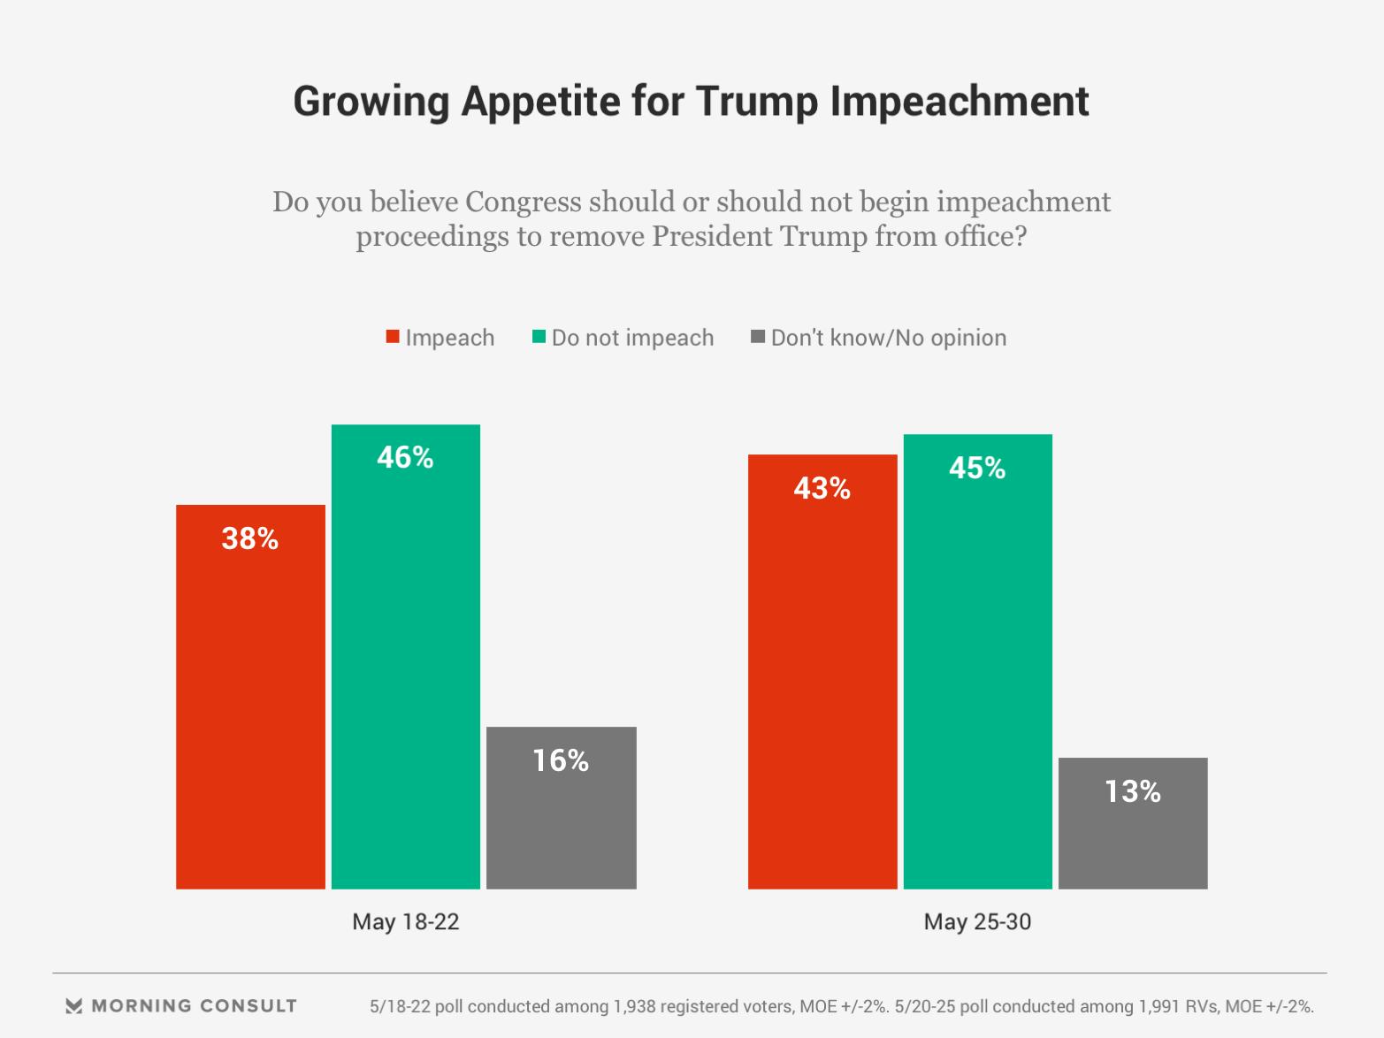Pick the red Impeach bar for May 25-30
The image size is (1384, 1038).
[x=822, y=672]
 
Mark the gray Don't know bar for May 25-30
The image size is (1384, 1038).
[x=1133, y=823]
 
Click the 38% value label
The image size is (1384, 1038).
[x=250, y=538]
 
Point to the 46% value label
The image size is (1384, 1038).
[x=406, y=457]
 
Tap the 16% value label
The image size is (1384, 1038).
[x=561, y=760]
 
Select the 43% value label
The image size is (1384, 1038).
[x=822, y=488]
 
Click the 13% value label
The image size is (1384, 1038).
[x=1133, y=791]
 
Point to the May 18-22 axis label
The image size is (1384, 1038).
[x=406, y=922]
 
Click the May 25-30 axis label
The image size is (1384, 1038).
[x=977, y=922]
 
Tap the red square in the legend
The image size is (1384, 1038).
[x=393, y=337]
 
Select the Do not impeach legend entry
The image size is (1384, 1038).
[x=631, y=338]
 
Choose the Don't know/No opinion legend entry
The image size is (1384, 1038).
[x=888, y=338]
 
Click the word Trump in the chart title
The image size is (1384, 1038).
[x=757, y=101]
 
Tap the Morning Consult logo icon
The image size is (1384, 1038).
[x=74, y=1006]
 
